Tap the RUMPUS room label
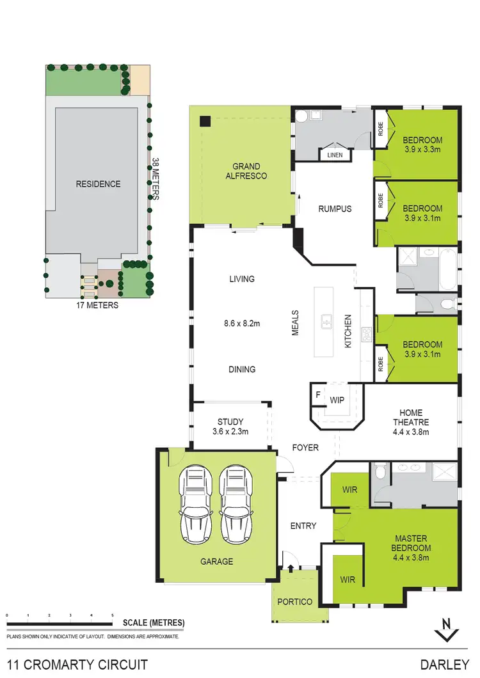pos(335,209)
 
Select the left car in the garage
pos(196,504)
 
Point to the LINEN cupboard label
pos(335,155)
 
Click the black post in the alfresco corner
pos(205,122)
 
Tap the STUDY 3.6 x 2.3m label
pos(230,427)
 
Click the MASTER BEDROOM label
pos(411,543)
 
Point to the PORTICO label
pos(295,602)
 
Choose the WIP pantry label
pos(337,400)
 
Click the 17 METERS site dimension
pos(97,305)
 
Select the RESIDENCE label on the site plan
pos(98,184)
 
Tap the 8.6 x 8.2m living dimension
pos(242,324)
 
